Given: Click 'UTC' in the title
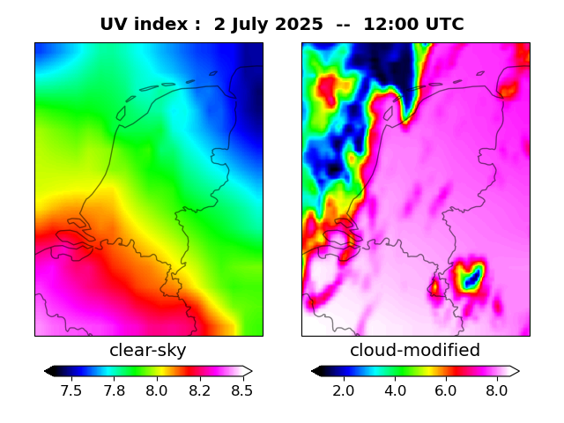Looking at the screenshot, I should tap(443, 25).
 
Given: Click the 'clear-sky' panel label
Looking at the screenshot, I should tap(148, 351).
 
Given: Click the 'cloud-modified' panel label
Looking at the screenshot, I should tap(415, 351).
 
